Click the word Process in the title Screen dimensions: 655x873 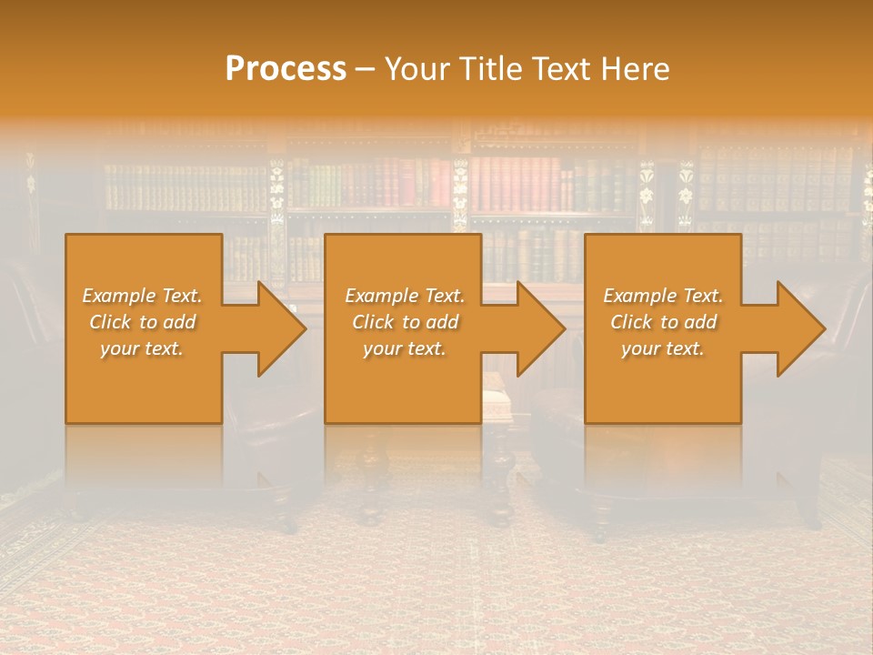[x=286, y=69]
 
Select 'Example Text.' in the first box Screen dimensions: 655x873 [x=142, y=296]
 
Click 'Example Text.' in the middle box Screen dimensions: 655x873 [x=404, y=296]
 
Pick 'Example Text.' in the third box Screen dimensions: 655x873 [x=663, y=296]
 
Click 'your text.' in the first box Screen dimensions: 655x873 [x=142, y=348]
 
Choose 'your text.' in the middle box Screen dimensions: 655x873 [x=404, y=348]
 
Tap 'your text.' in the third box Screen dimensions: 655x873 [x=663, y=348]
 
